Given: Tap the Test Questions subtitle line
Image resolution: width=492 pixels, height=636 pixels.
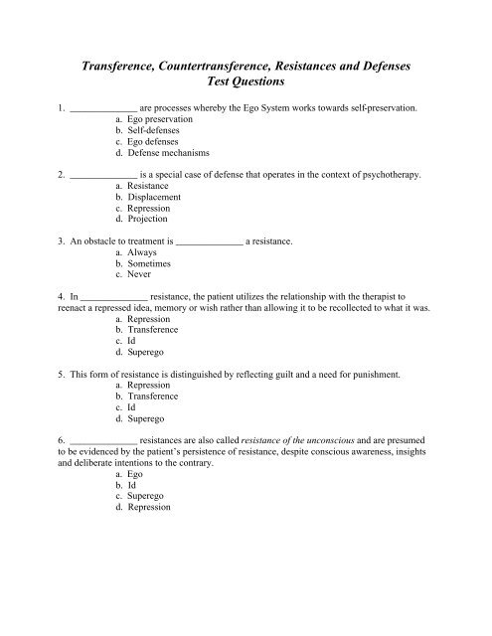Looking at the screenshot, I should click(x=245, y=83).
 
